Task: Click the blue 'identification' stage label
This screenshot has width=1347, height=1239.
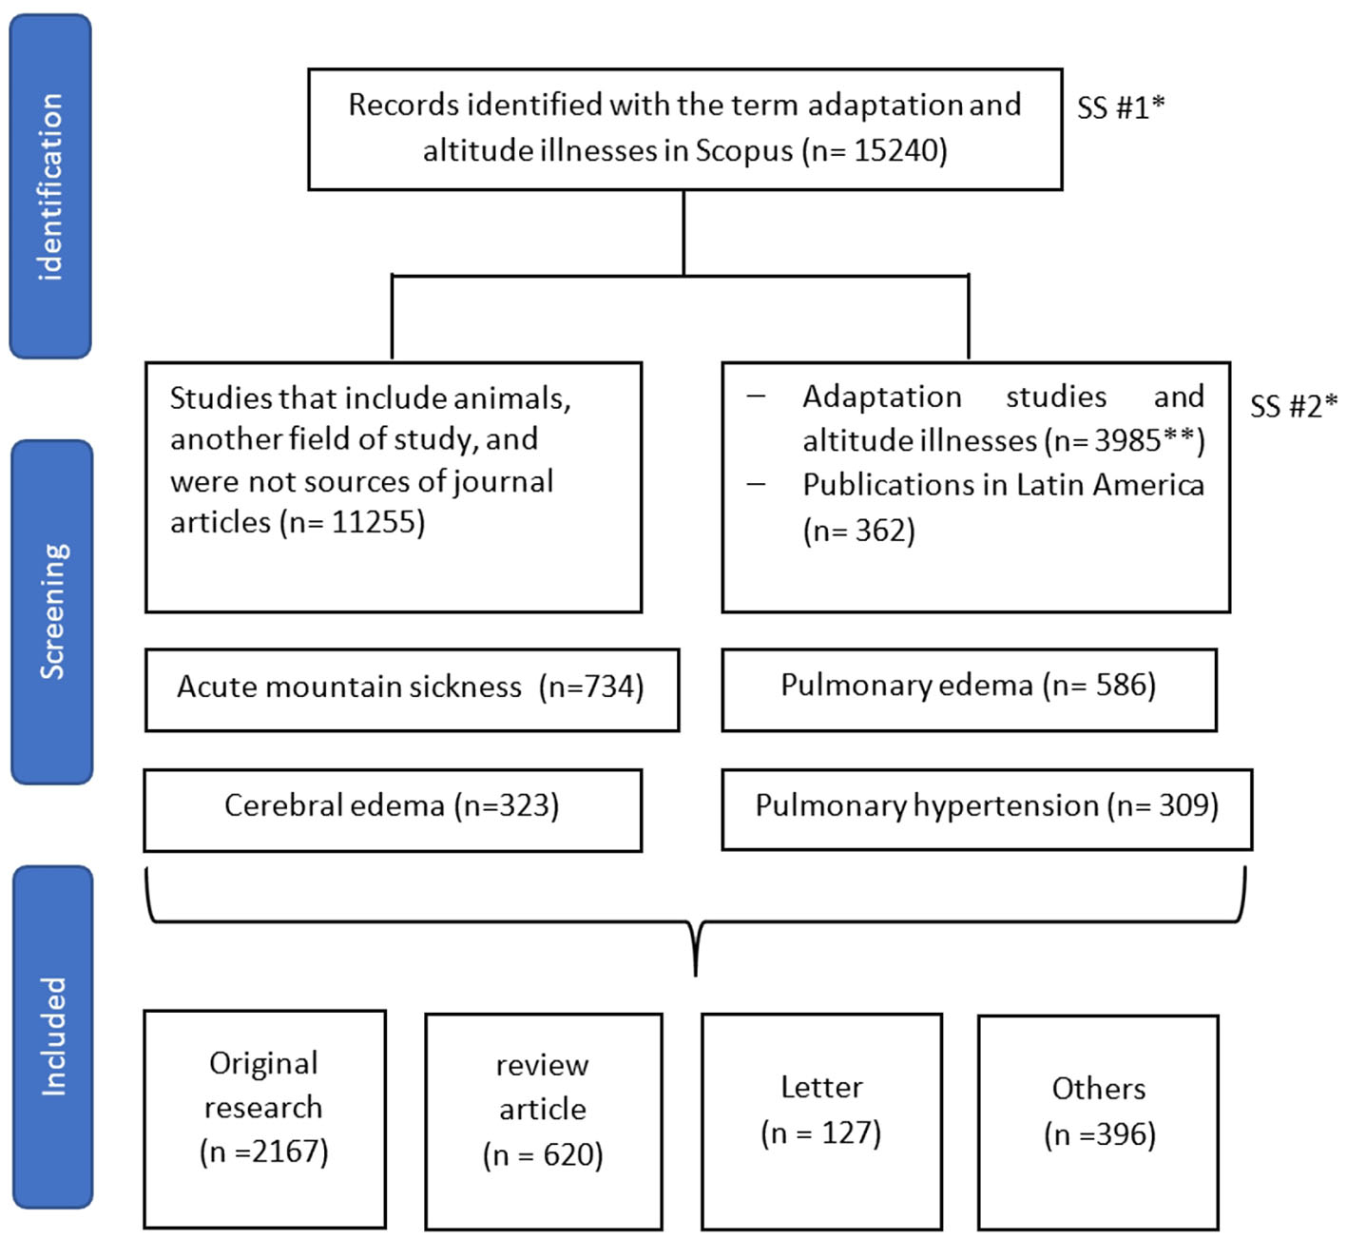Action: pyautogui.click(x=50, y=186)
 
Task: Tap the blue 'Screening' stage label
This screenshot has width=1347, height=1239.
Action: pyautogui.click(x=52, y=611)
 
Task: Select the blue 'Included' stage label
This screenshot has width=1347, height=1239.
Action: pyautogui.click(x=53, y=1036)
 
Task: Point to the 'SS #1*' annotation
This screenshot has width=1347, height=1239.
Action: pyautogui.click(x=1120, y=107)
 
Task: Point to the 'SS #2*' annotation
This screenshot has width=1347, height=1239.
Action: pyautogui.click(x=1293, y=406)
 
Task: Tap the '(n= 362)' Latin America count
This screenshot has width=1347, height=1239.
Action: pyautogui.click(x=858, y=530)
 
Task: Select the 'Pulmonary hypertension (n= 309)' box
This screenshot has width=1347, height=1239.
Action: pyautogui.click(x=986, y=807)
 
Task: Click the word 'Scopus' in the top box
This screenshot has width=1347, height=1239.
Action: pyautogui.click(x=743, y=150)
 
